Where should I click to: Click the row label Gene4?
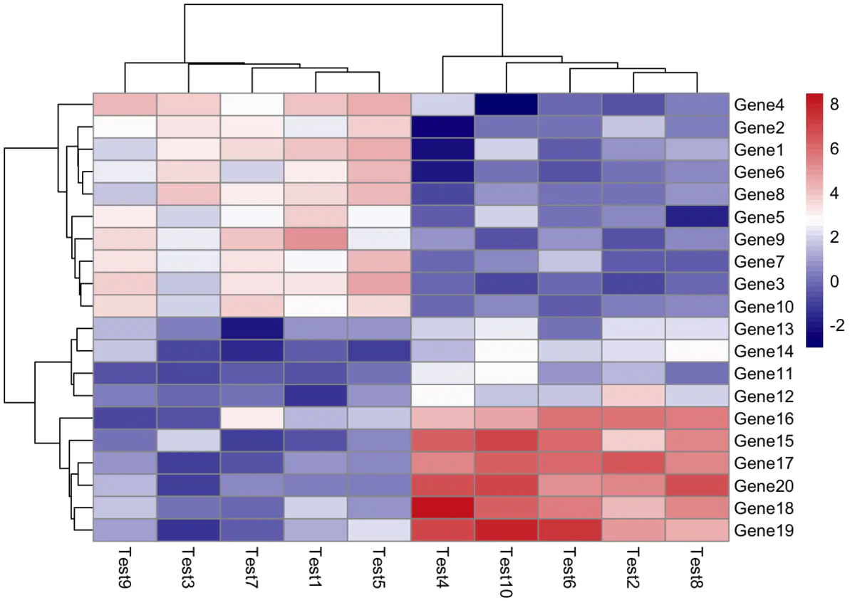click(760, 105)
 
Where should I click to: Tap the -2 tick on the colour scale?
click(836, 324)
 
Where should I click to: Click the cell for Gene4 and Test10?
click(507, 105)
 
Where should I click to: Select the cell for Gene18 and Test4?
click(443, 508)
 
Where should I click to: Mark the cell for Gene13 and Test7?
click(252, 328)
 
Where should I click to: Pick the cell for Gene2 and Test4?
click(443, 127)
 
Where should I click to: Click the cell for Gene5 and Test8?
click(698, 216)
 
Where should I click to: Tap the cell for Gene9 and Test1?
click(316, 239)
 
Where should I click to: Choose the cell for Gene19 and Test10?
click(507, 530)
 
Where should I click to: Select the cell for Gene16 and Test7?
click(252, 418)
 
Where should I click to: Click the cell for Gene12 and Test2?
click(634, 396)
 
